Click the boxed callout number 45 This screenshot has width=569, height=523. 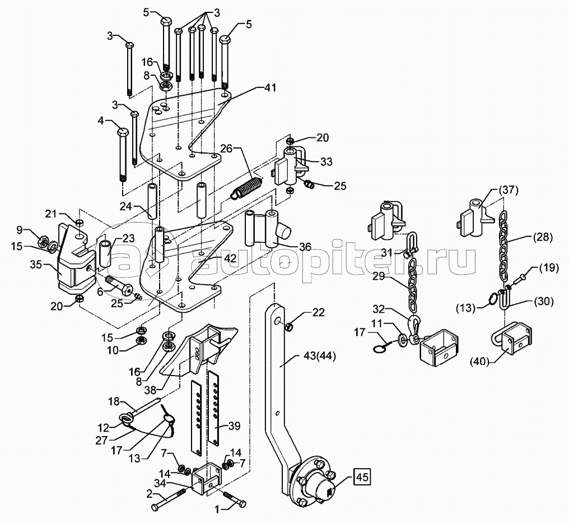point(361,477)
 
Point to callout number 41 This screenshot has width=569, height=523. point(269,87)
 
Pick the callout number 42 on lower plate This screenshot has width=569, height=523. point(230,258)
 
